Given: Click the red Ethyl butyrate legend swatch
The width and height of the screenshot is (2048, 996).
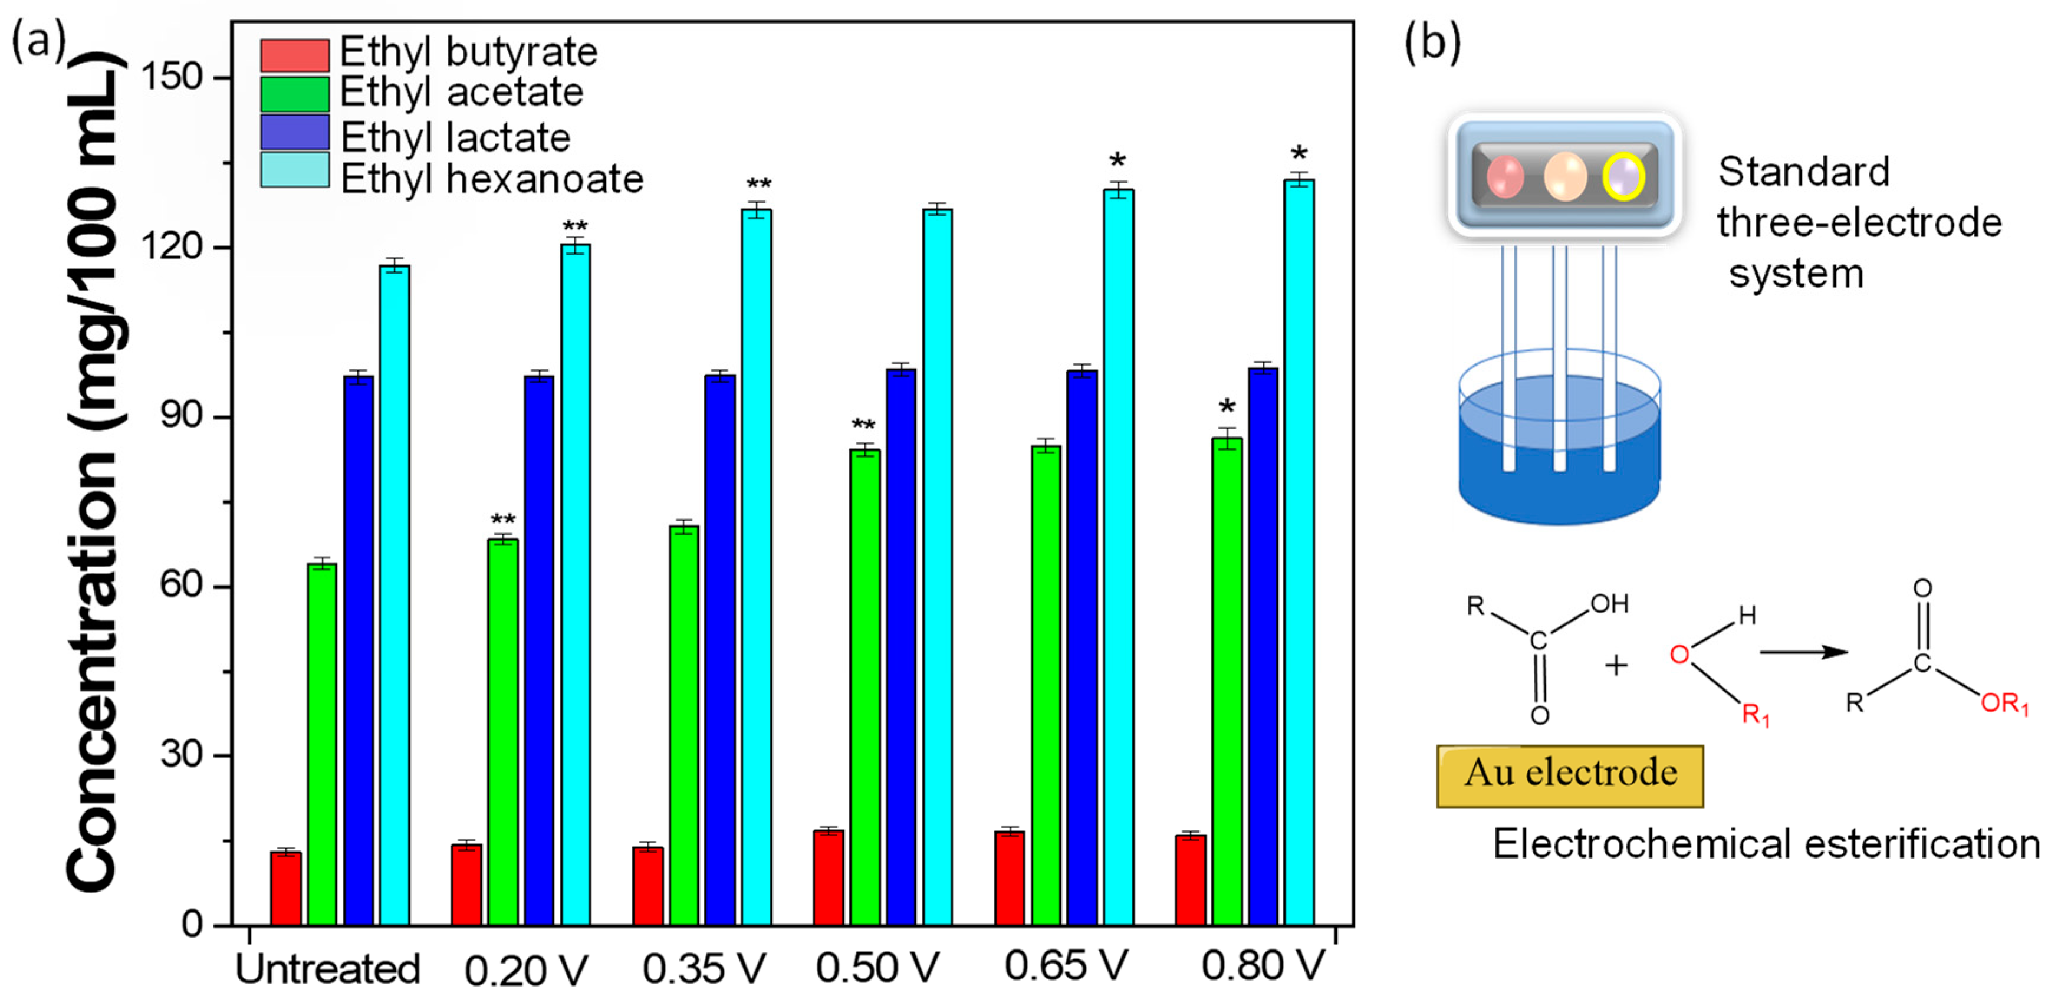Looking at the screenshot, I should tap(294, 55).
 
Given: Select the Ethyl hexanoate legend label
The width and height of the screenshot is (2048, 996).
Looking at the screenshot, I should tap(491, 179).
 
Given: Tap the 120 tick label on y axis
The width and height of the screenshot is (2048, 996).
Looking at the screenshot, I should tap(171, 246).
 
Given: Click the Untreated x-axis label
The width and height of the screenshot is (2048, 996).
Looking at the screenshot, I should tap(327, 968).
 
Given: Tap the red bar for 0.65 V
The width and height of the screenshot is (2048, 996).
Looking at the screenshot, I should tap(1009, 879).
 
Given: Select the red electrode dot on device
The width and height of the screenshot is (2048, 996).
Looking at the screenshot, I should tap(1504, 176).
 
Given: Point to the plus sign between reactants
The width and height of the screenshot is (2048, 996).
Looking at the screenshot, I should tap(1616, 665).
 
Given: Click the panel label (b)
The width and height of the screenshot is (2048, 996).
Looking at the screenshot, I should tap(1432, 41).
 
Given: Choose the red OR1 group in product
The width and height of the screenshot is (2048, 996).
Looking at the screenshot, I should tap(2004, 704).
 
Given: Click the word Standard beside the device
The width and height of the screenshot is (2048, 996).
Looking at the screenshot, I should tap(1803, 172).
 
